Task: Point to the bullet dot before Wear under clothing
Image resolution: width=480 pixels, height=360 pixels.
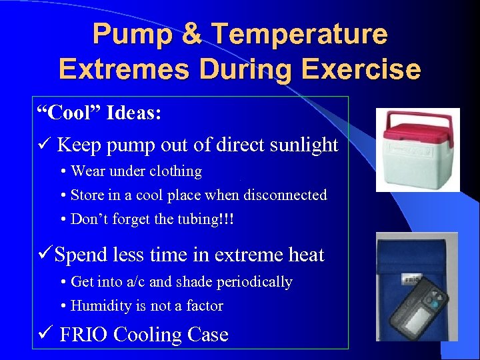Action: click(62, 172)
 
